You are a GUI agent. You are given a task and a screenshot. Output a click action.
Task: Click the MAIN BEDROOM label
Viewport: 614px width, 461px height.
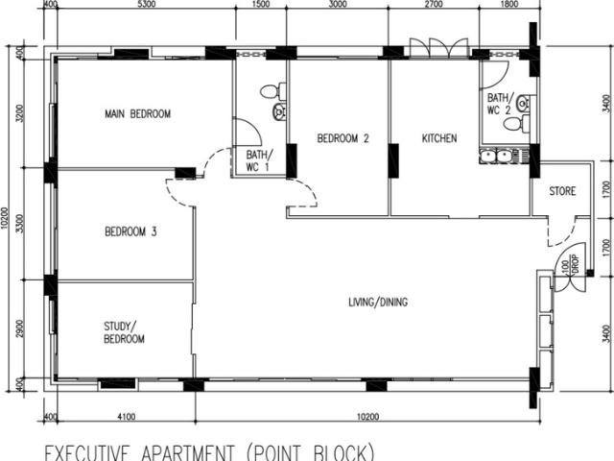[x=137, y=114]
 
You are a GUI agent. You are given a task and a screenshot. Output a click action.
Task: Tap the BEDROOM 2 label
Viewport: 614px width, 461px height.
[x=342, y=138]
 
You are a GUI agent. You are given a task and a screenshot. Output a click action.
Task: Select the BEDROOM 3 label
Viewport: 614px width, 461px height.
[x=130, y=231]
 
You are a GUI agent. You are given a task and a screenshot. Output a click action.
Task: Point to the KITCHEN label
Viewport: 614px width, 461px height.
[x=439, y=138]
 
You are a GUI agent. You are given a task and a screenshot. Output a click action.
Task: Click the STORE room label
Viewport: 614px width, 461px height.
[x=562, y=192]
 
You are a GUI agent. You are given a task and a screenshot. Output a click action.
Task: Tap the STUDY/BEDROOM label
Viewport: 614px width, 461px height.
[x=125, y=332]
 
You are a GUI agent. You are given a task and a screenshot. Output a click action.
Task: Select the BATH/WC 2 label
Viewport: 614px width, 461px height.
[x=501, y=104]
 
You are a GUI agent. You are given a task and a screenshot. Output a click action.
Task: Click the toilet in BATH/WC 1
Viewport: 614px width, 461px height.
[x=278, y=92]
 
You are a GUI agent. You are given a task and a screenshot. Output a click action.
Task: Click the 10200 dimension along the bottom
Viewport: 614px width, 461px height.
[x=365, y=417]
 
